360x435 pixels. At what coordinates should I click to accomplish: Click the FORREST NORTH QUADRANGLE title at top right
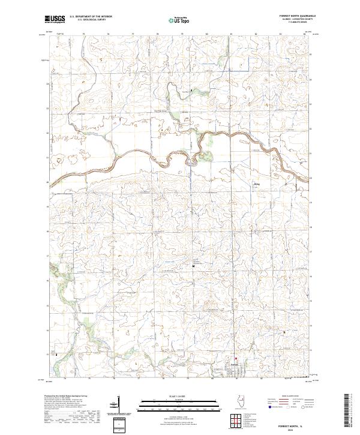pyautogui.click(x=298, y=17)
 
